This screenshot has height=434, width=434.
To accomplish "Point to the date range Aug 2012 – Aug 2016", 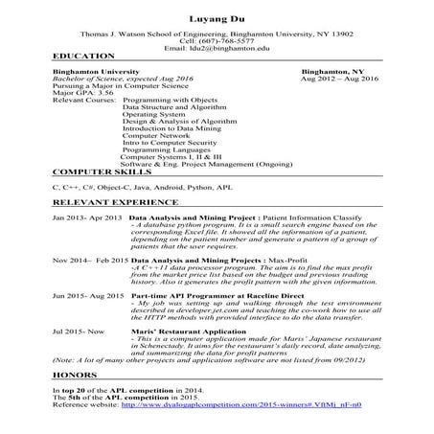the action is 340,79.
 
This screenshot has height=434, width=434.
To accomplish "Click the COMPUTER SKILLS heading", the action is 100,170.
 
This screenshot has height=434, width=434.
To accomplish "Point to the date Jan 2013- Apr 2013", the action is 87,218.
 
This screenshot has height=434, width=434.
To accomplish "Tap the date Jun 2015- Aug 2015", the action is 87,295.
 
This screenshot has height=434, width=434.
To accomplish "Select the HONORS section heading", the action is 75,376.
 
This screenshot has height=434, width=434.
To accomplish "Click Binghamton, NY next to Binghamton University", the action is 332,72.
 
